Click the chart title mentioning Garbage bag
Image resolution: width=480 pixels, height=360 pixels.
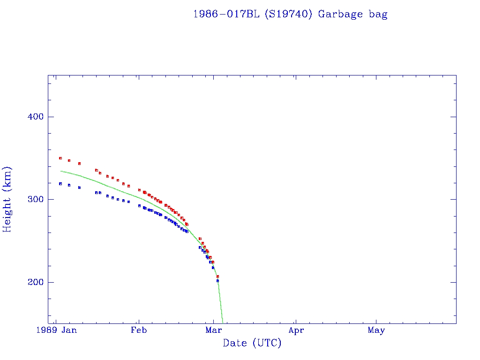tap(290, 14)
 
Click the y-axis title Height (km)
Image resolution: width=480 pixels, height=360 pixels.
tap(7, 199)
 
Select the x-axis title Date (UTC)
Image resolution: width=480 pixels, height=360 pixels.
tap(252, 343)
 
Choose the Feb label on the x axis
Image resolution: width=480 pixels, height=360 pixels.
tap(139, 330)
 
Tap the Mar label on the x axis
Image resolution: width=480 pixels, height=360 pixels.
tap(213, 330)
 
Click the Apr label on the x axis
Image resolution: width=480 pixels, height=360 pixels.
tap(296, 330)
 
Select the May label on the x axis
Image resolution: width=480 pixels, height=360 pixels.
tap(376, 330)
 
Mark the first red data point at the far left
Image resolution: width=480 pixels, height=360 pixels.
tap(60, 158)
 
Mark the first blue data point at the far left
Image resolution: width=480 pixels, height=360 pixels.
tap(60, 184)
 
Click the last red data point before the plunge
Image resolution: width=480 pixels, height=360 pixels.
tap(217, 277)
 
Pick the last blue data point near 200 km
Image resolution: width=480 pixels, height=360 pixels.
tap(217, 281)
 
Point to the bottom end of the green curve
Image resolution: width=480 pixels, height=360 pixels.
tap(223, 322)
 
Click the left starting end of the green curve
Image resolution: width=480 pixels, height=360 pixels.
tap(61, 171)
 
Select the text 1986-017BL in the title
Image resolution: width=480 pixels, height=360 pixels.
tap(226, 14)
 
